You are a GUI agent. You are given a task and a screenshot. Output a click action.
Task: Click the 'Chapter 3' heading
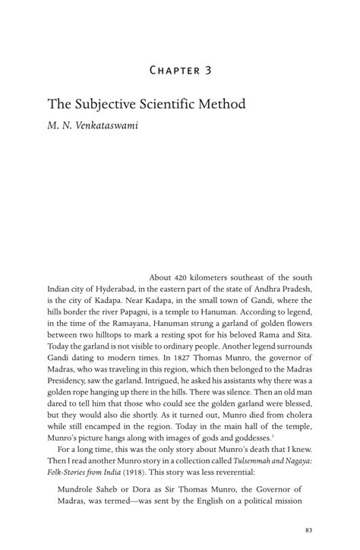tap(179, 71)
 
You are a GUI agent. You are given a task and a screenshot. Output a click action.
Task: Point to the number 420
tap(186, 277)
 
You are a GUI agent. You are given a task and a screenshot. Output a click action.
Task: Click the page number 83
tap(308, 529)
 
